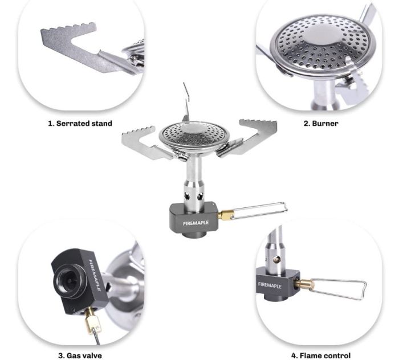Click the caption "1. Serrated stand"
[x=80, y=124]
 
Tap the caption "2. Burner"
[x=321, y=124]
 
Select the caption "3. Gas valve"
[x=80, y=355]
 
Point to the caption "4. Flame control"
[x=320, y=355]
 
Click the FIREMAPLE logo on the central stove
[x=196, y=223]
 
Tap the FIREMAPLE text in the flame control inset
[x=270, y=285]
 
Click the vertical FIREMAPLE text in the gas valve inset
[x=95, y=275]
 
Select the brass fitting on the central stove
[x=226, y=215]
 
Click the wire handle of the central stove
[x=260, y=210]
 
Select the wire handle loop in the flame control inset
[x=339, y=289]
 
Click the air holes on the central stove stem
[x=194, y=197]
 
